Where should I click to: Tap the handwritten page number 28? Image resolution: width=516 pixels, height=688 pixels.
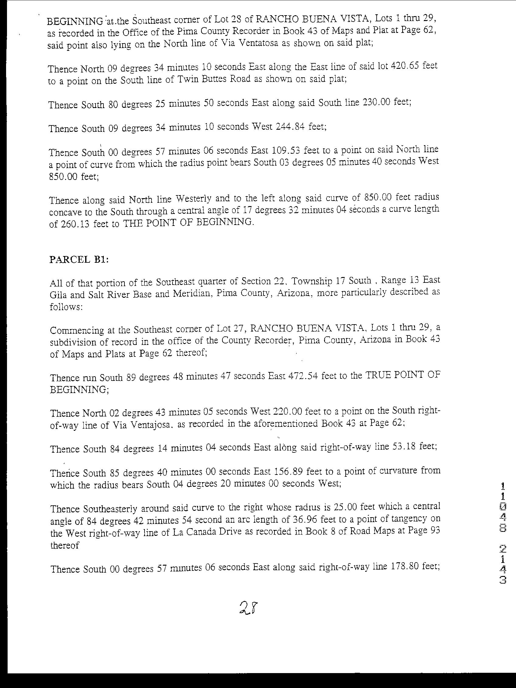tap(249, 608)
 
